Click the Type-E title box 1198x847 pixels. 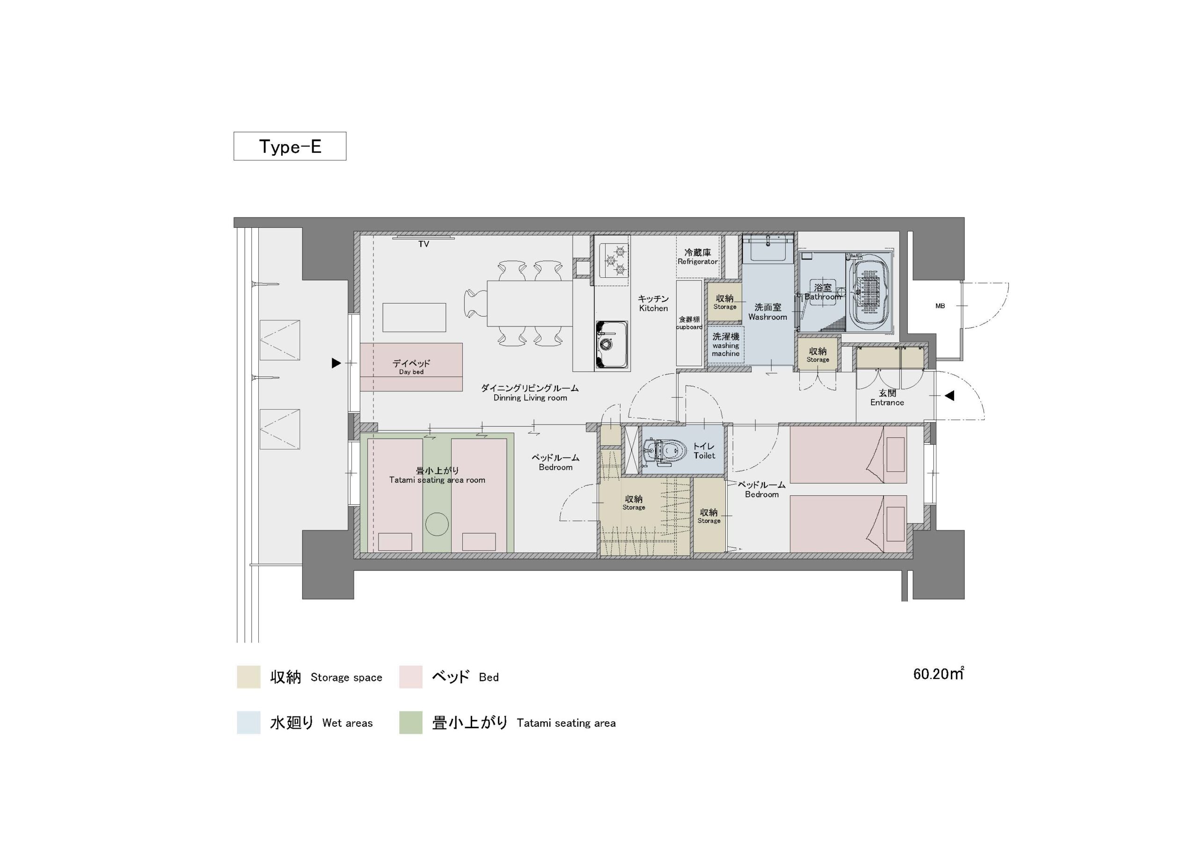[290, 146]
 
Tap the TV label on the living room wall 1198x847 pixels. [424, 244]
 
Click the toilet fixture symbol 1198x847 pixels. [664, 449]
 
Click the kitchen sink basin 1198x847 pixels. [611, 344]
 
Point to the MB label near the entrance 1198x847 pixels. [940, 306]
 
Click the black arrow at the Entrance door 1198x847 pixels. [950, 396]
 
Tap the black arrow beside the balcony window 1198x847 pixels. [336, 363]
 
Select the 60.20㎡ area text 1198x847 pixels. [938, 673]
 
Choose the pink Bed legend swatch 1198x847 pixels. [410, 676]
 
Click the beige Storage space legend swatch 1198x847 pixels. [248, 676]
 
